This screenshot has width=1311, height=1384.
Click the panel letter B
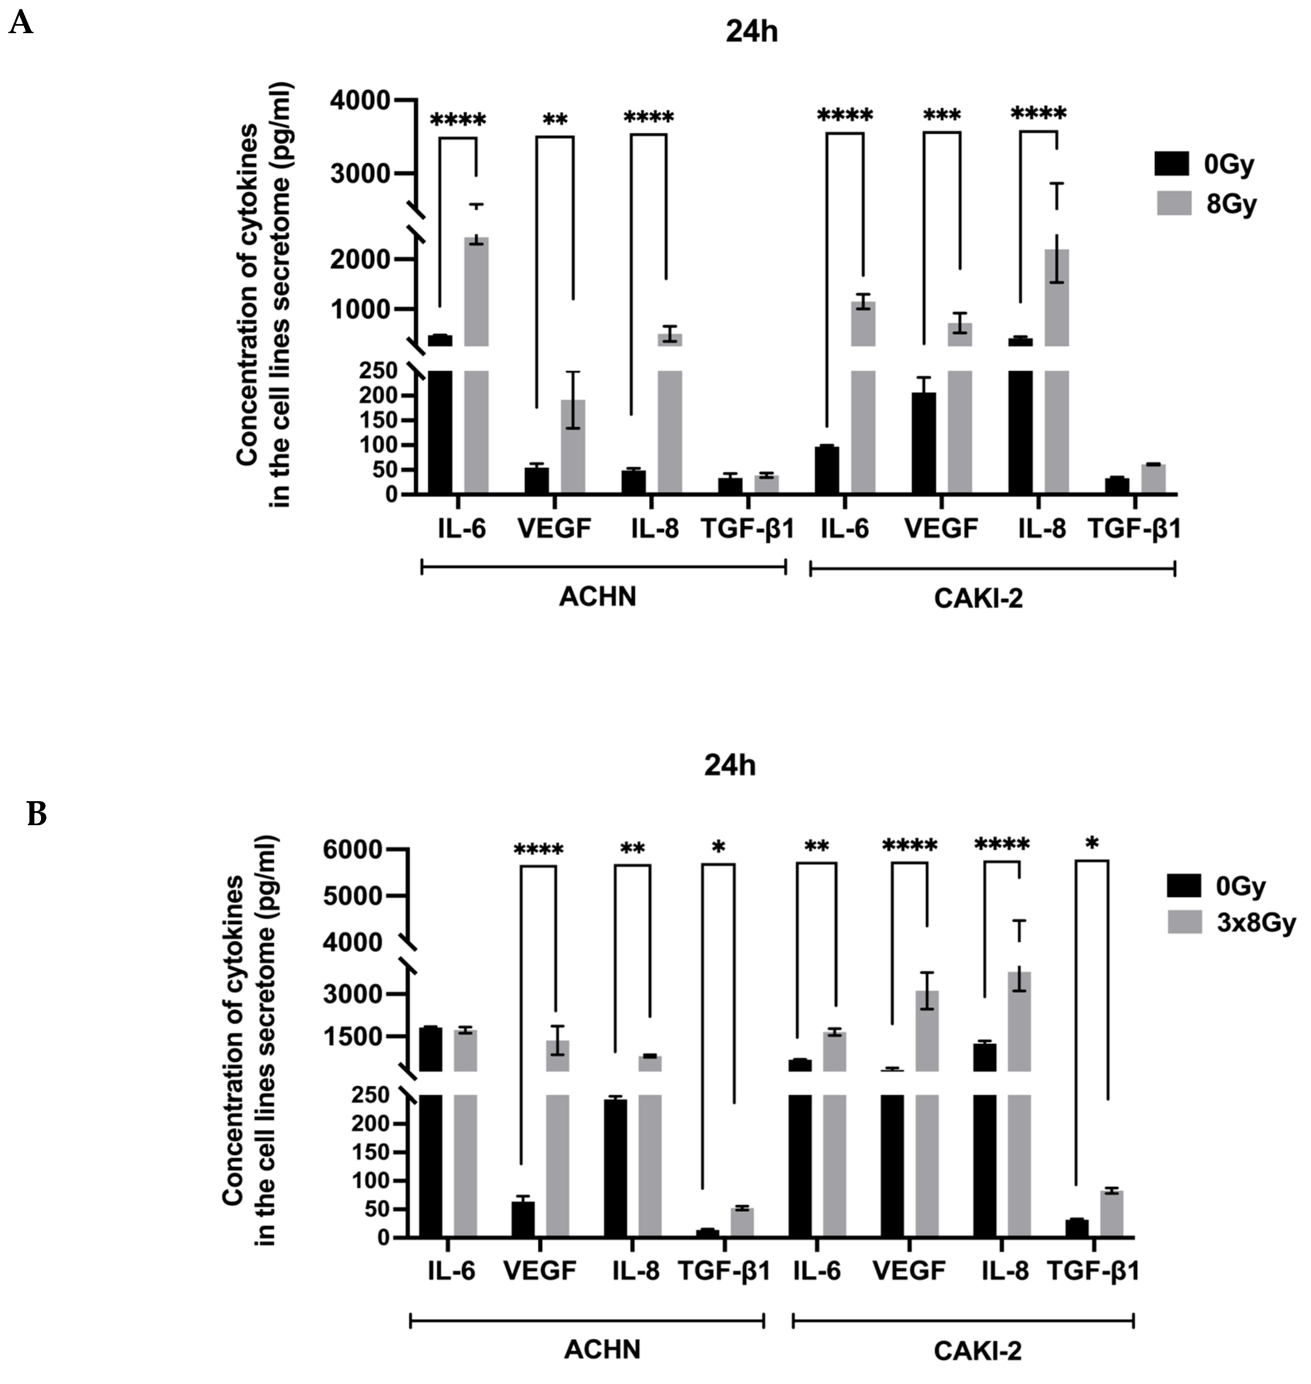point(36,814)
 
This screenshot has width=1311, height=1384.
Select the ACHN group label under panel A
point(597,598)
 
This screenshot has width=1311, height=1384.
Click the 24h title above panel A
point(751,33)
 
